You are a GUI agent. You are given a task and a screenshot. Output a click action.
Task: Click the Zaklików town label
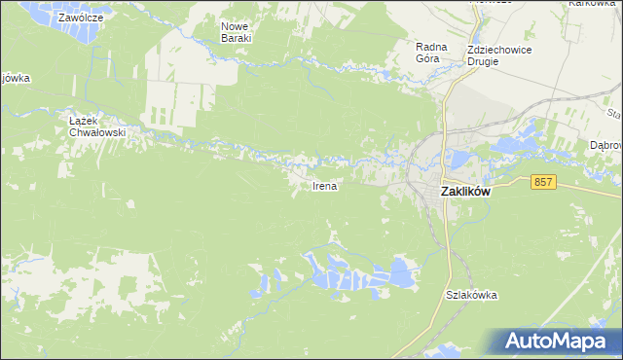(465, 193)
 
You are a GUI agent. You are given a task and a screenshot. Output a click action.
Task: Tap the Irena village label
(325, 186)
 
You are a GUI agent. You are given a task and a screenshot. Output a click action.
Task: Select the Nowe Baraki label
(236, 31)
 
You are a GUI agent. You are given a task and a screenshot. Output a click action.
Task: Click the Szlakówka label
(472, 295)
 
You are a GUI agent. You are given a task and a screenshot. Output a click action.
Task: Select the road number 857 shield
(544, 182)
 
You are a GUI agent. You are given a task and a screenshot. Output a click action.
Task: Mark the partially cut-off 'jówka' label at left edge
(15, 79)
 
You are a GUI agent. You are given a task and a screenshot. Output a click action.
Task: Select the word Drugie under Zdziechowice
(482, 61)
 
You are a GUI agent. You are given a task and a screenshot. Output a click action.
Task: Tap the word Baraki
(236, 38)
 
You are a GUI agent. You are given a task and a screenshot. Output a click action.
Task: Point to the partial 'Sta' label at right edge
(613, 114)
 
